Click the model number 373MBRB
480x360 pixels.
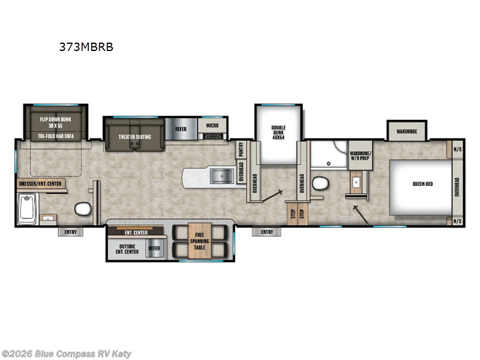click(x=85, y=46)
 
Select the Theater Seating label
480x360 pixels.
click(x=135, y=137)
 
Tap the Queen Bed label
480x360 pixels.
click(x=422, y=184)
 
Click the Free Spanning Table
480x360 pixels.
click(x=199, y=240)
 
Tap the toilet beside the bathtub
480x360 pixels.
click(x=82, y=209)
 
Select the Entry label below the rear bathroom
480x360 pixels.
click(x=71, y=232)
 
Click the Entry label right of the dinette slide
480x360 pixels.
click(x=266, y=232)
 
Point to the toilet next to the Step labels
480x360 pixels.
click(x=319, y=183)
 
